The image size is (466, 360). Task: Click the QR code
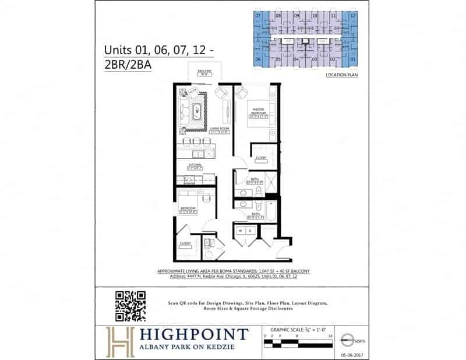pyautogui.click(x=130, y=306)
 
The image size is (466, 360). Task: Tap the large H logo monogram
pyautogui.click(x=119, y=341)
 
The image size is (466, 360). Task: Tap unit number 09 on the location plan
pyautogui.click(x=296, y=16)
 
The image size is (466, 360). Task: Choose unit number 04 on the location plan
pyautogui.click(x=296, y=59)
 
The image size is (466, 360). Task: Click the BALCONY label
pyautogui.click(x=204, y=72)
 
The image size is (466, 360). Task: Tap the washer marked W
pyautogui.click(x=241, y=230)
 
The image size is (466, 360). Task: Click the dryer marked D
pyautogui.click(x=249, y=230)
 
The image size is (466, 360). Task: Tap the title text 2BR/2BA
pyautogui.click(x=128, y=65)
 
